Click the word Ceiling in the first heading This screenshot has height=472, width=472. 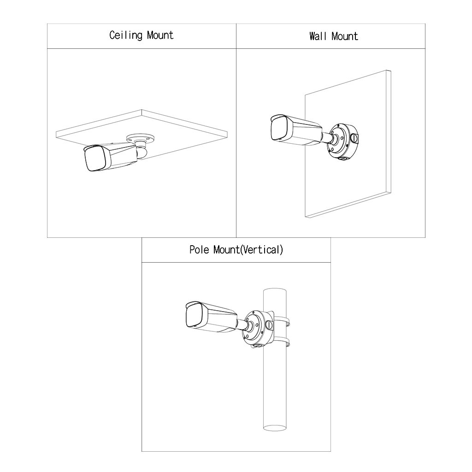(x=126, y=35)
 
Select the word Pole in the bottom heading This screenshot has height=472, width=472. (x=200, y=250)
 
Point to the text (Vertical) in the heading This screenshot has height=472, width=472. (x=262, y=250)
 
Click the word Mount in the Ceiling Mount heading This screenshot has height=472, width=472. (x=160, y=35)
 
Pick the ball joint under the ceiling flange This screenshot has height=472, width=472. (x=141, y=152)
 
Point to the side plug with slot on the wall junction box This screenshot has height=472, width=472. (x=354, y=137)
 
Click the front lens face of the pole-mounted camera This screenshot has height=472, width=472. (x=194, y=316)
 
